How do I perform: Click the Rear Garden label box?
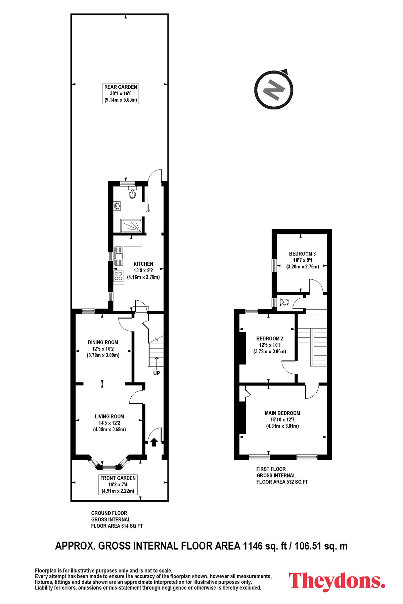(120, 94)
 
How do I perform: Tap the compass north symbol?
(274, 90)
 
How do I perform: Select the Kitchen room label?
(143, 270)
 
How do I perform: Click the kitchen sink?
(119, 256)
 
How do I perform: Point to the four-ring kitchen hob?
(119, 276)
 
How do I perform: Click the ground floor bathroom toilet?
(132, 193)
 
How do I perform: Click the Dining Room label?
(103, 349)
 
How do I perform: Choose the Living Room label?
(109, 423)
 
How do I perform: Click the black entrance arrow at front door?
(154, 442)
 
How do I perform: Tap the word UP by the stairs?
(156, 373)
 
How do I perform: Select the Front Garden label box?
(118, 485)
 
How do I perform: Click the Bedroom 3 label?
(303, 260)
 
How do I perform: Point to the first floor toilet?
(284, 302)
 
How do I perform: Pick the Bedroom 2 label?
(270, 345)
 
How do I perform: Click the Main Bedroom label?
(282, 419)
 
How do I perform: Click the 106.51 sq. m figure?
(321, 546)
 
